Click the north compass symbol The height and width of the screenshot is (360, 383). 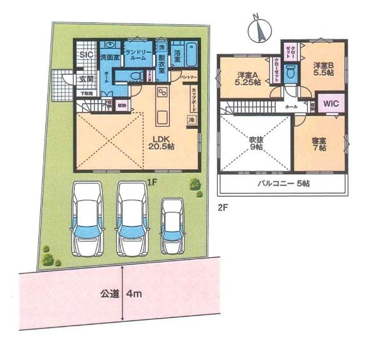(x=259, y=29)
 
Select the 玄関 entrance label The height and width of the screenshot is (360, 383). (x=86, y=79)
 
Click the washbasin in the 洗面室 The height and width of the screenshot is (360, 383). (x=110, y=46)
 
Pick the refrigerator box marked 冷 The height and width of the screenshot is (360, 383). (x=191, y=119)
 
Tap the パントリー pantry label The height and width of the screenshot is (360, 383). (x=189, y=77)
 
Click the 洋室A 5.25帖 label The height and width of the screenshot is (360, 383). (x=246, y=77)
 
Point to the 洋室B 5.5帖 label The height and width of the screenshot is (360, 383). (x=324, y=70)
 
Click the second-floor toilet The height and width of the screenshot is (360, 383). (x=290, y=72)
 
